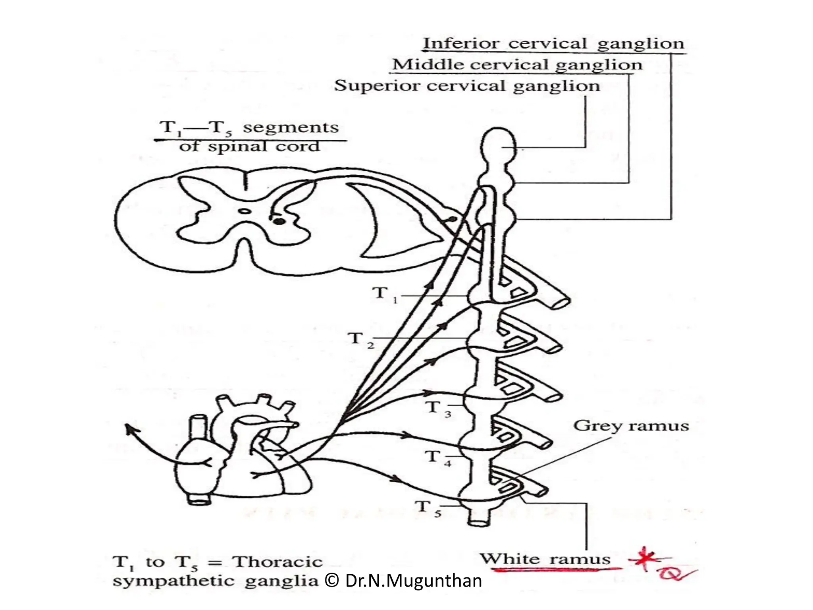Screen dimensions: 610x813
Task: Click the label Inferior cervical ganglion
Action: (553, 44)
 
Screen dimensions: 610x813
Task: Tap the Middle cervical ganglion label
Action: (516, 65)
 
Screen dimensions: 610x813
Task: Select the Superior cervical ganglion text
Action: (467, 86)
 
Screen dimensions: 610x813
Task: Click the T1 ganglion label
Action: (384, 294)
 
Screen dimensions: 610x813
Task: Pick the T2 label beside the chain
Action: (360, 340)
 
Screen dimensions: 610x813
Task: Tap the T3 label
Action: (438, 408)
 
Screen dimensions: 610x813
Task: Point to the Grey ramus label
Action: (631, 426)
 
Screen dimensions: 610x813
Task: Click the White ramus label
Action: (545, 559)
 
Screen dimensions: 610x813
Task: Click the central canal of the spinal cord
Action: (245, 212)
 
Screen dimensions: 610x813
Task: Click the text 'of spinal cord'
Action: (249, 147)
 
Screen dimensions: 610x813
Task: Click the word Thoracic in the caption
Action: (277, 562)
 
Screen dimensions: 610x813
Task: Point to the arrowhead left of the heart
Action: (128, 428)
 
